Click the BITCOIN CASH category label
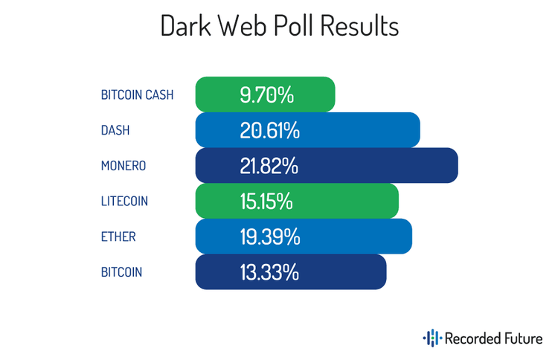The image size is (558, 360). point(137,95)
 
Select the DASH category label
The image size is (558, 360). point(115,130)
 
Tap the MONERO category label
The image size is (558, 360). point(124,166)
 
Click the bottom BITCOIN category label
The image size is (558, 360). point(121,272)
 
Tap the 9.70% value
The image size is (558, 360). point(266,95)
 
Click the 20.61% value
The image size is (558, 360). point(269,130)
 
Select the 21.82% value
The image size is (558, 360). point(269,166)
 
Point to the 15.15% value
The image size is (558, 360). point(266,201)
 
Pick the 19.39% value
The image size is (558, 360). point(269,237)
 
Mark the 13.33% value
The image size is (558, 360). point(269,272)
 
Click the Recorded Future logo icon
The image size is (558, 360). point(432,339)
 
